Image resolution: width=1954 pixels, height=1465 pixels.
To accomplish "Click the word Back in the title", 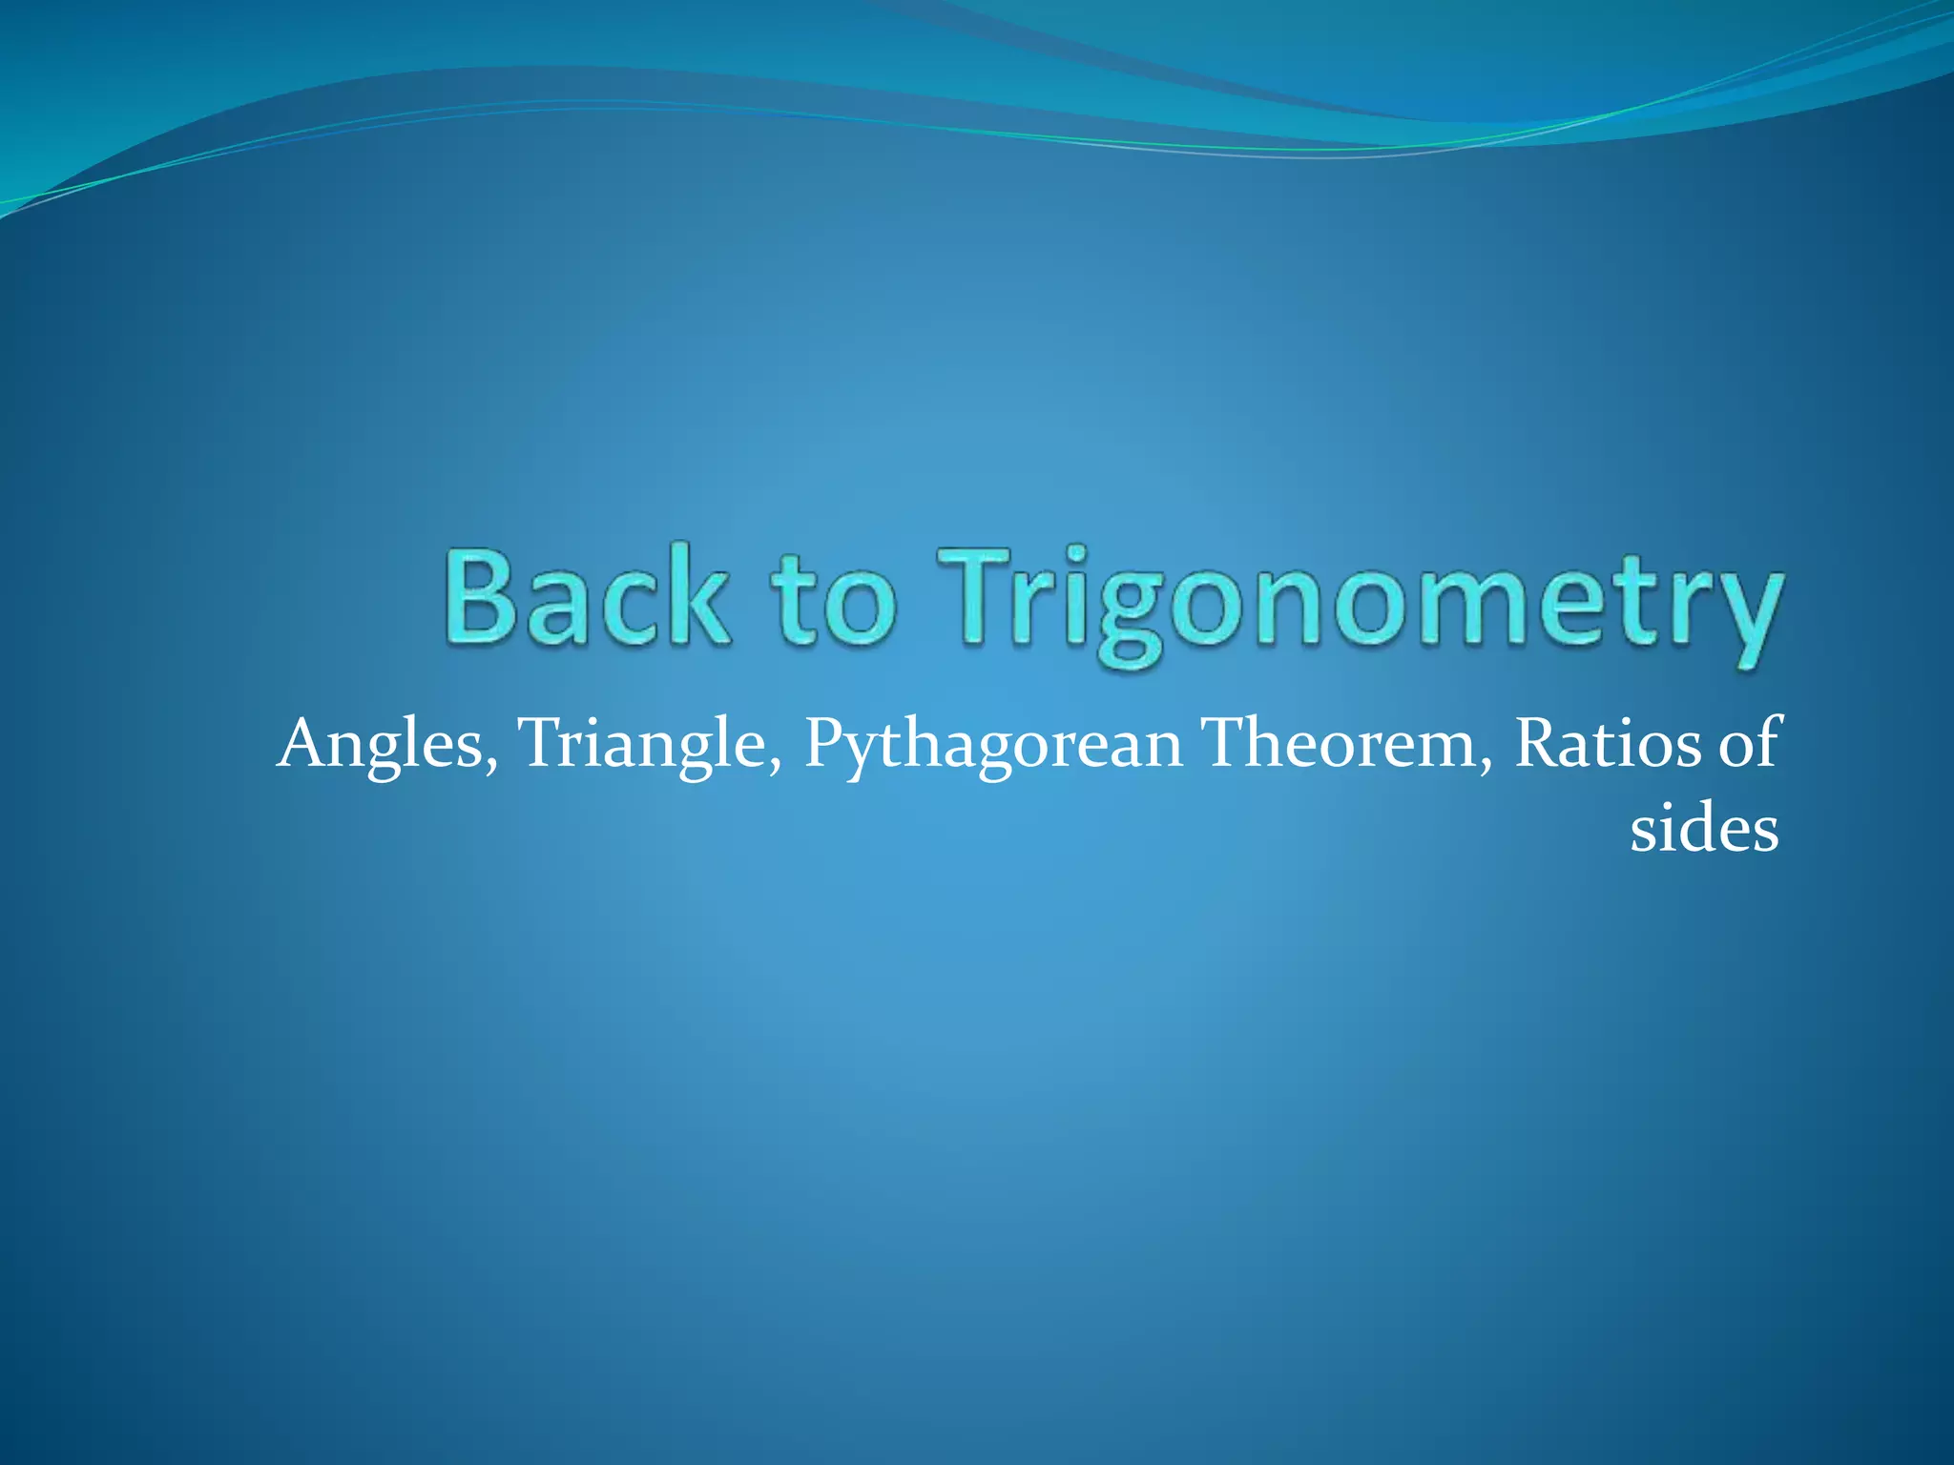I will [585, 599].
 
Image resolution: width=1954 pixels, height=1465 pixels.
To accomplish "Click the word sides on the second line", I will [1704, 828].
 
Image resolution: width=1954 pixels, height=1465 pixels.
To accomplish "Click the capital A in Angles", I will [303, 744].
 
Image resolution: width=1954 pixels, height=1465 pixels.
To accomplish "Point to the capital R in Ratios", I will [1539, 744].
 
